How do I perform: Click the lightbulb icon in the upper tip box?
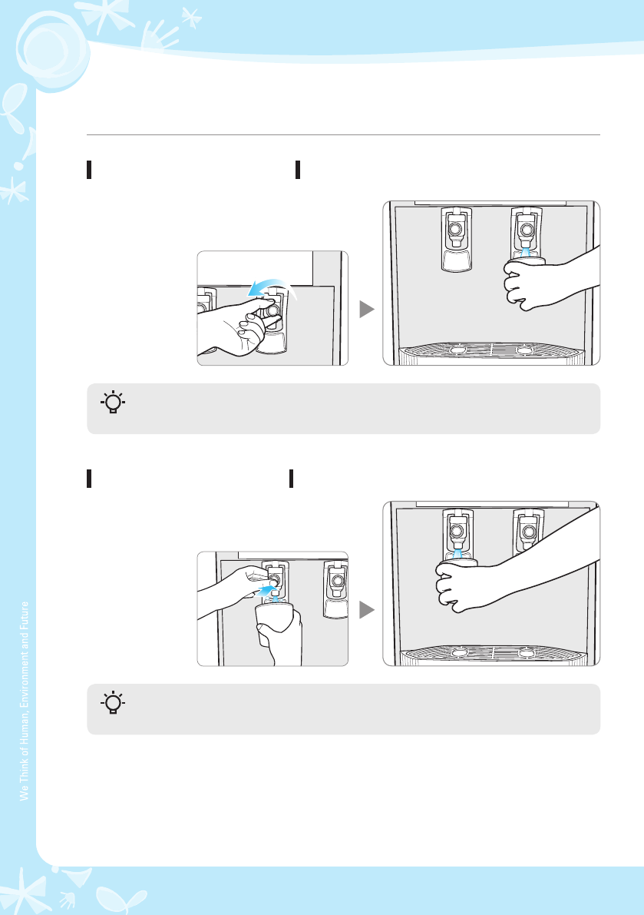point(113,403)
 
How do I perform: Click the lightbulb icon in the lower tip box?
point(113,703)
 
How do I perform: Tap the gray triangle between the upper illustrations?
point(366,310)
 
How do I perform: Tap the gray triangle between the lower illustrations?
point(366,610)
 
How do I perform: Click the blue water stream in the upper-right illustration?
point(527,251)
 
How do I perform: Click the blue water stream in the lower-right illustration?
point(457,553)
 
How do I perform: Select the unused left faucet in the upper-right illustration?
point(456,239)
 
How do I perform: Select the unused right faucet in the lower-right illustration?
point(527,531)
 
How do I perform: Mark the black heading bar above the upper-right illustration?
point(298,170)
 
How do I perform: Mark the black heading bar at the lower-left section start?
point(89,478)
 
